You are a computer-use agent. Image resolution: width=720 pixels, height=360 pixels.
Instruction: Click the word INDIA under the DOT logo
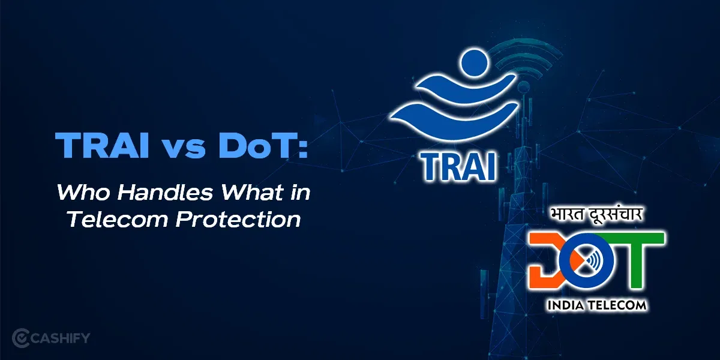coord(567,305)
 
